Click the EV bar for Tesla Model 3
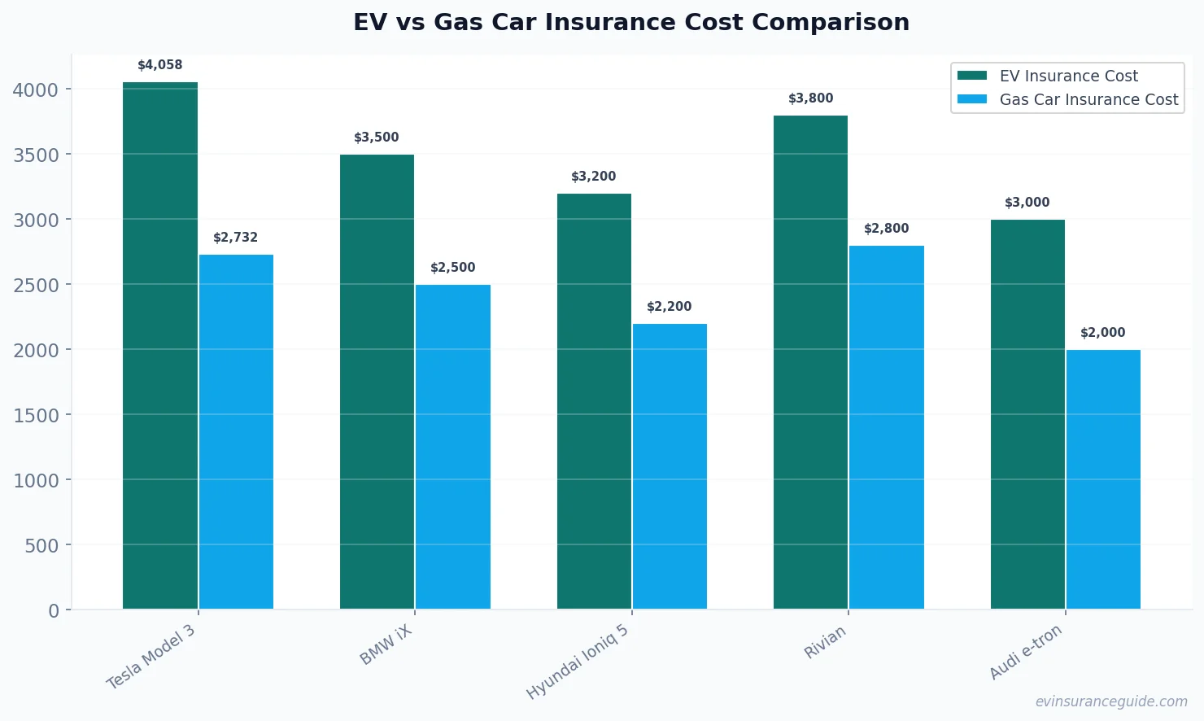click(160, 346)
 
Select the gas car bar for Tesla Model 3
click(236, 432)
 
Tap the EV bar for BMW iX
click(377, 382)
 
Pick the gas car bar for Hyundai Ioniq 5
click(670, 466)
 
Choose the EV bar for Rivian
click(810, 362)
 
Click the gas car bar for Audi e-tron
click(1103, 479)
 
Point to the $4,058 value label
click(160, 65)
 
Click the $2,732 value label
click(236, 238)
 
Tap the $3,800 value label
click(811, 98)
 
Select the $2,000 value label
click(1103, 333)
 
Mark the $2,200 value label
click(670, 307)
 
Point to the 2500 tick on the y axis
click(37, 285)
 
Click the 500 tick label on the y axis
click(41, 545)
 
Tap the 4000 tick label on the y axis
click(37, 90)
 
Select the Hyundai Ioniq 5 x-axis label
click(578, 662)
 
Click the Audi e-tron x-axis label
click(1026, 652)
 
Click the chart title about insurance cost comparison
click(631, 22)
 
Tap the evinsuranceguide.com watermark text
click(1111, 701)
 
